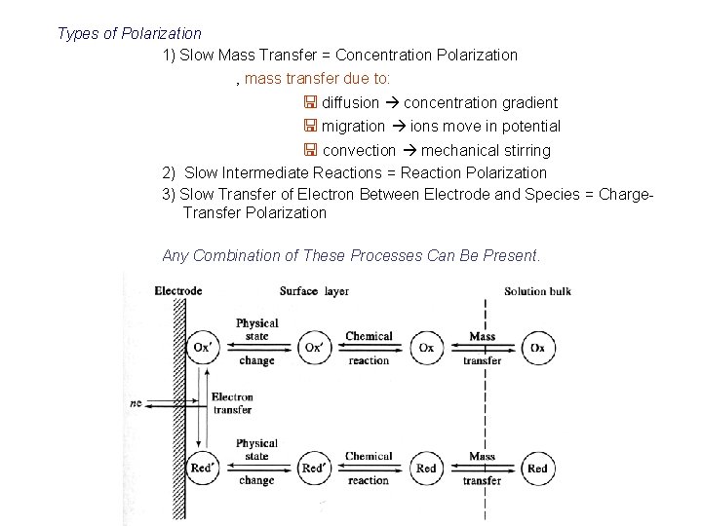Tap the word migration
click(354, 127)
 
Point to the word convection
click(359, 151)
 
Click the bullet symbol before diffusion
click(308, 102)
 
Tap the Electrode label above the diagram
click(177, 290)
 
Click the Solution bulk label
click(537, 290)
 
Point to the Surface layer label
click(314, 290)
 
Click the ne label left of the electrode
click(135, 402)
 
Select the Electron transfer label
click(231, 403)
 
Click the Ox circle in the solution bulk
click(537, 348)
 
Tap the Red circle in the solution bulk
click(537, 469)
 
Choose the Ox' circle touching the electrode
click(202, 348)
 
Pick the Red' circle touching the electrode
click(202, 469)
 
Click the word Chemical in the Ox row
click(369, 337)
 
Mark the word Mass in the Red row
click(482, 457)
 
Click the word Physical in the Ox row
click(256, 324)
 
